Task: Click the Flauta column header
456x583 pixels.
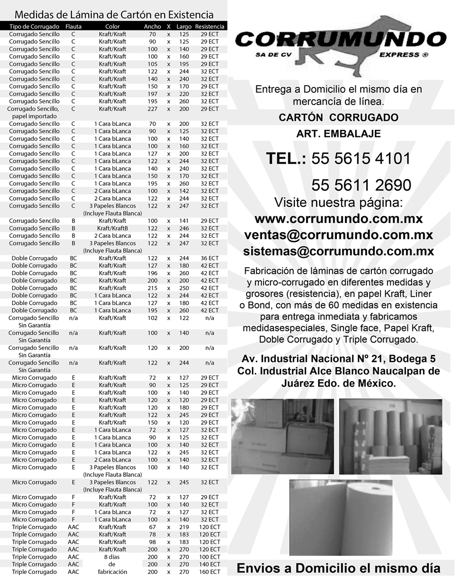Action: point(73,26)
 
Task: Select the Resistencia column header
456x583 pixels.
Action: point(209,26)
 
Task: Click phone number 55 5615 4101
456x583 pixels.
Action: point(361,159)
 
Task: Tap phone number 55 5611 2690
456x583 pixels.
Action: point(361,185)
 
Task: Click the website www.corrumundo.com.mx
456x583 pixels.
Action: point(338,219)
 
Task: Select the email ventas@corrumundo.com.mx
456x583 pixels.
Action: point(338,235)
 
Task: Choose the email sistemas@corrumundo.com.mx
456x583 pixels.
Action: point(338,251)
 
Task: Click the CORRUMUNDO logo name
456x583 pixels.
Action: point(340,40)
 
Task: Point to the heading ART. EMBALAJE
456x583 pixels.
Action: point(338,134)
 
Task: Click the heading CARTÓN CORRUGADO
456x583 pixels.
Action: point(338,118)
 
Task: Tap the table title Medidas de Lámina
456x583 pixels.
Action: point(113,15)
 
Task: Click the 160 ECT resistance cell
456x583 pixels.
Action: point(209,572)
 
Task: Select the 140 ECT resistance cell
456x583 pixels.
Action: point(209,564)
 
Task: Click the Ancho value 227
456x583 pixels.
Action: point(152,109)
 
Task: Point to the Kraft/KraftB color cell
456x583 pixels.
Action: point(112,228)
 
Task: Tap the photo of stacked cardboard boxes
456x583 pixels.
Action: point(282,436)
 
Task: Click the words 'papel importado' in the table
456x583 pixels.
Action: point(33,116)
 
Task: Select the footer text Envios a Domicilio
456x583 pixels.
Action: point(338,568)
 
